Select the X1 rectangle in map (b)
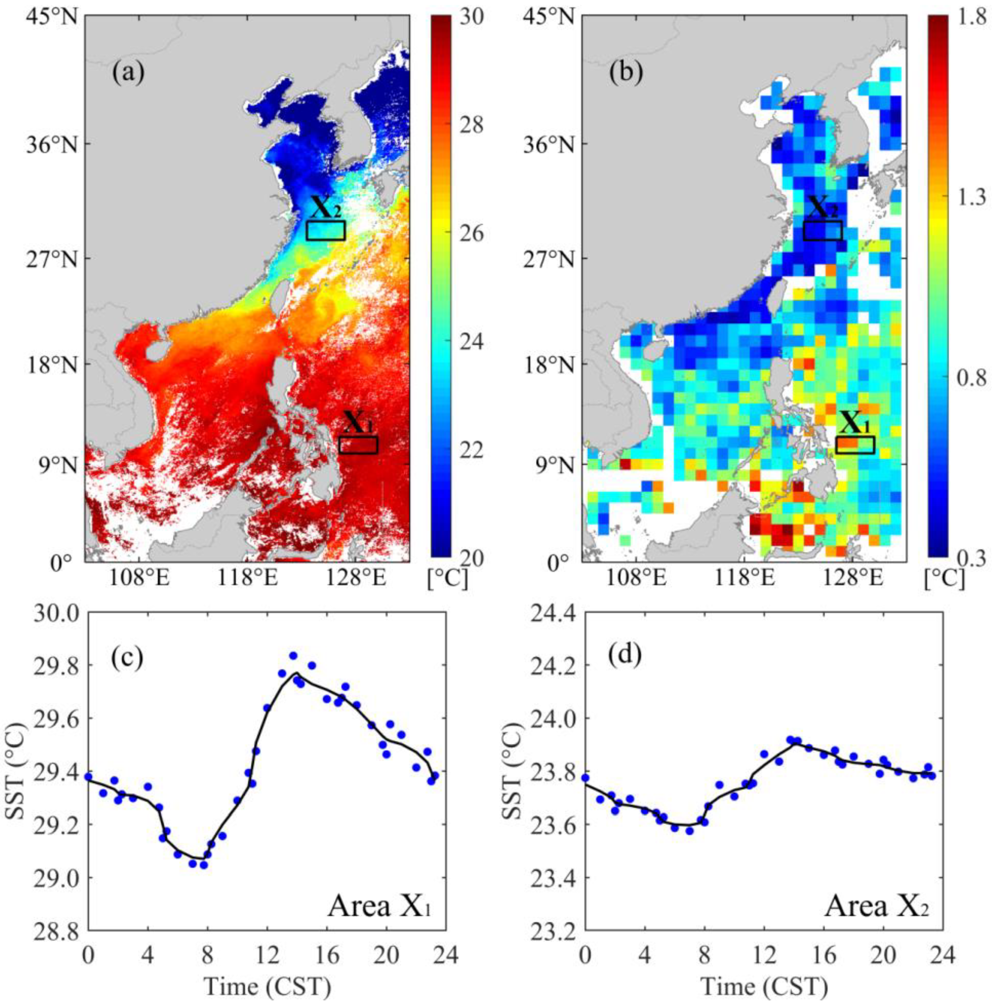pyautogui.click(x=855, y=444)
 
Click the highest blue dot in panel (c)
pyautogui.click(x=293, y=656)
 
